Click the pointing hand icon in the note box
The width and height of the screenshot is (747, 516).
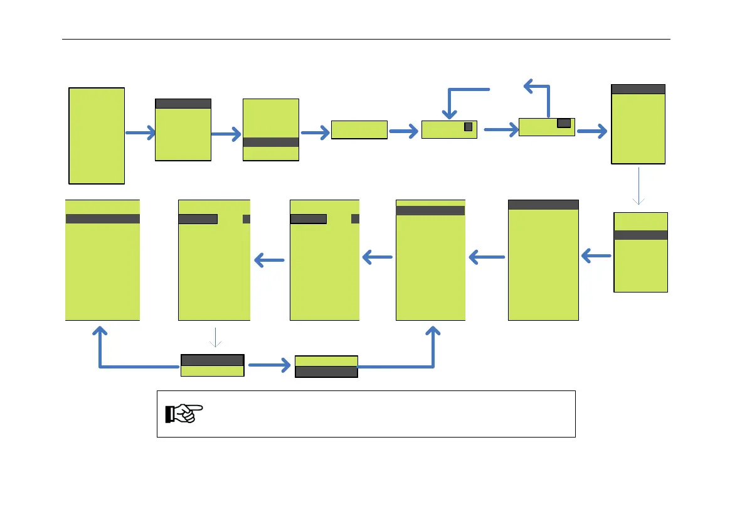pyautogui.click(x=184, y=413)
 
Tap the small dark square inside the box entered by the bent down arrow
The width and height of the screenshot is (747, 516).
pyautogui.click(x=468, y=127)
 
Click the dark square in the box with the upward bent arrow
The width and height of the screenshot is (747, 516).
pyautogui.click(x=564, y=123)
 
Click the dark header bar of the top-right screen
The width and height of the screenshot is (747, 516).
pyautogui.click(x=638, y=89)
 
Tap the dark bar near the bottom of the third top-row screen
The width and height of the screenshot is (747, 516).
pyautogui.click(x=270, y=142)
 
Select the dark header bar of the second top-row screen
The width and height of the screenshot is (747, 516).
pyautogui.click(x=183, y=104)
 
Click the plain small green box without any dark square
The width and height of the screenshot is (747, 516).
pyautogui.click(x=359, y=129)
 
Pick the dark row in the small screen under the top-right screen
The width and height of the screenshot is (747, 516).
pyautogui.click(x=640, y=235)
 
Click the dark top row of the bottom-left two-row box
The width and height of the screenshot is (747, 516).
pyautogui.click(x=212, y=360)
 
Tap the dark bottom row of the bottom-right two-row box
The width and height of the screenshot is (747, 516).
pyautogui.click(x=326, y=372)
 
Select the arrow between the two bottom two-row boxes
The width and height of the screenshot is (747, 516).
pyautogui.click(x=269, y=364)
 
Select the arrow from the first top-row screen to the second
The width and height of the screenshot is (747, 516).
pyautogui.click(x=139, y=133)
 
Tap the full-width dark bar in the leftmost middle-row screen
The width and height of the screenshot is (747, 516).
pyautogui.click(x=102, y=218)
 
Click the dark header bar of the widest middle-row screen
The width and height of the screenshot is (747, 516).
pyautogui.click(x=543, y=205)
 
